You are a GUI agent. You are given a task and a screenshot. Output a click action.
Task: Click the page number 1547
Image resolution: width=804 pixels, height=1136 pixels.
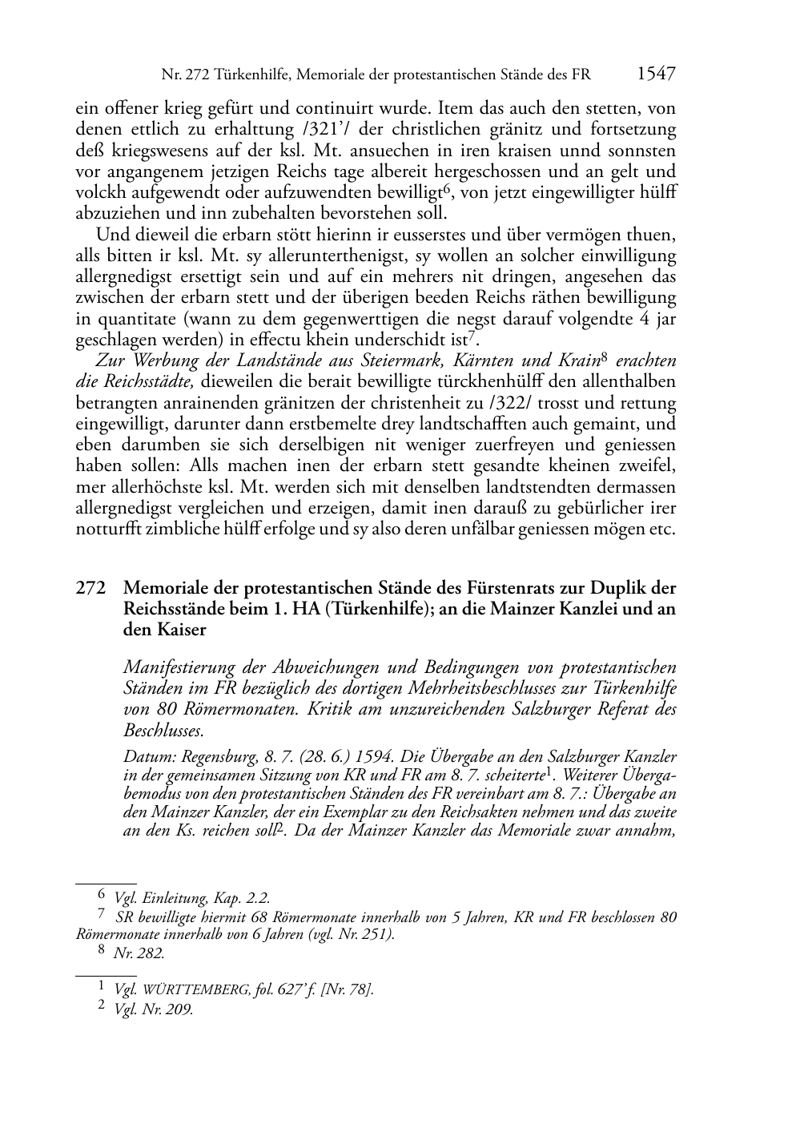[x=657, y=75]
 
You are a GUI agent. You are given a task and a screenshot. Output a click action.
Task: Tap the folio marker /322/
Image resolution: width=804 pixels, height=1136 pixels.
[x=547, y=403]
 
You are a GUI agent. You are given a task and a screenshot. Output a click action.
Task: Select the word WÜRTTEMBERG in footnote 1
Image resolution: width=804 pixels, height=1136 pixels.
[x=190, y=990]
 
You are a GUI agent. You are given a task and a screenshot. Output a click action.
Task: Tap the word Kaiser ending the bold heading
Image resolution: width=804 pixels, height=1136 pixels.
[x=183, y=630]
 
